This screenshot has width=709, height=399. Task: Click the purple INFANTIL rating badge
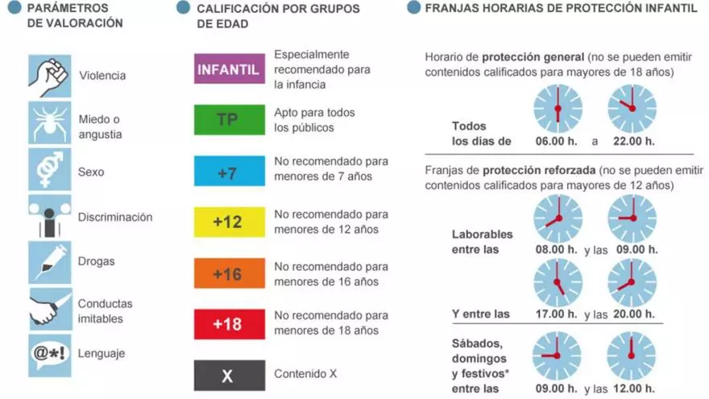pyautogui.click(x=229, y=69)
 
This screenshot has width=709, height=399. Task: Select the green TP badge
pyautogui.click(x=229, y=120)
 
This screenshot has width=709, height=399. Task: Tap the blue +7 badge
pyautogui.click(x=229, y=170)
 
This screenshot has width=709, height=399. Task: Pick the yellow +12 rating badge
pyautogui.click(x=229, y=222)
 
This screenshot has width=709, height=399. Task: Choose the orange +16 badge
pyautogui.click(x=229, y=273)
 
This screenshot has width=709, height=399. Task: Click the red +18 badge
pyautogui.click(x=229, y=324)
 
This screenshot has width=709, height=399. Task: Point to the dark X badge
pyautogui.click(x=229, y=375)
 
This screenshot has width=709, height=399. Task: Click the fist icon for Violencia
pyautogui.click(x=50, y=75)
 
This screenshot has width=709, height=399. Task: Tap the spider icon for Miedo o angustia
pyautogui.click(x=50, y=123)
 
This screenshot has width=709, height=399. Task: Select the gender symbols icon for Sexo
pyautogui.click(x=50, y=169)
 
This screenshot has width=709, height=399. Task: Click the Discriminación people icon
pyautogui.click(x=50, y=216)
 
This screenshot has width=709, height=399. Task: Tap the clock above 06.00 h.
pyautogui.click(x=558, y=109)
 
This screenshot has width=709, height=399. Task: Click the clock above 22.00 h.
pyautogui.click(x=632, y=109)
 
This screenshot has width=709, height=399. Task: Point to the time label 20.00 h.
pyautogui.click(x=632, y=314)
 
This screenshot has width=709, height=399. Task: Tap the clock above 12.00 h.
pyautogui.click(x=632, y=355)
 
